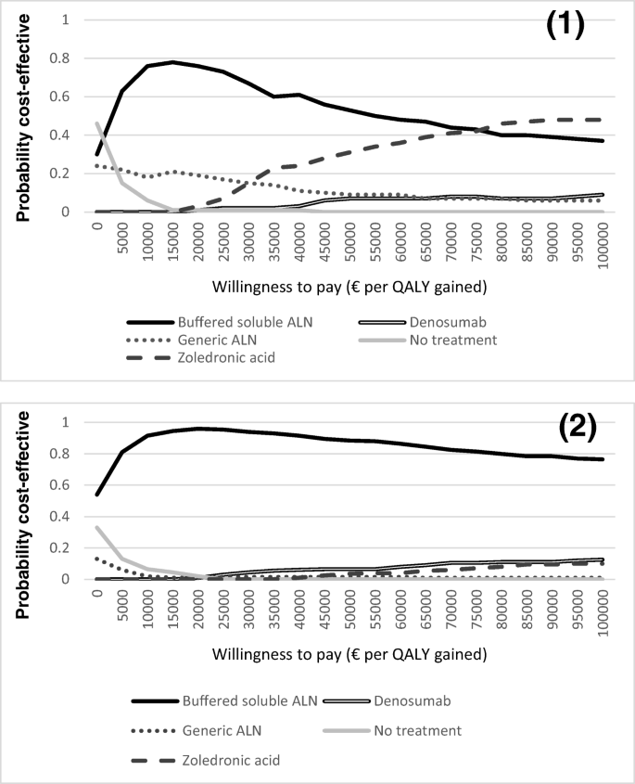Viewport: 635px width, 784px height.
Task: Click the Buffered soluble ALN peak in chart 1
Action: click(x=173, y=62)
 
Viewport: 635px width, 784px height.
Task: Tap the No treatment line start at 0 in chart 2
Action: click(x=96, y=527)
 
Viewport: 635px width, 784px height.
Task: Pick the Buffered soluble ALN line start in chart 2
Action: click(x=96, y=494)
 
